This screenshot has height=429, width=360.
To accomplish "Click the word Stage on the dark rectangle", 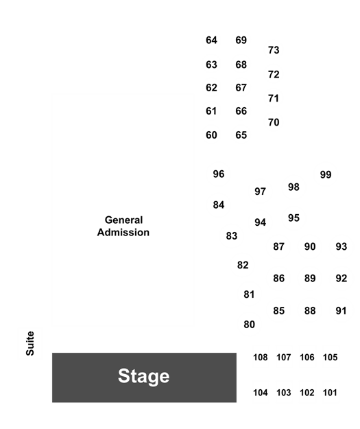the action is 143,376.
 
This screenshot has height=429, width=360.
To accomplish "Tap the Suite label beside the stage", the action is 30,343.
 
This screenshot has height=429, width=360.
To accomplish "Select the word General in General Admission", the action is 123,220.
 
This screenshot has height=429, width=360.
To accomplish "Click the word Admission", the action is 123,232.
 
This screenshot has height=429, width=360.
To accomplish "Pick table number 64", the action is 211,40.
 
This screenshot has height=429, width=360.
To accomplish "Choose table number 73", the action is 274,50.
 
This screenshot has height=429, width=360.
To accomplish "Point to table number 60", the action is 211,135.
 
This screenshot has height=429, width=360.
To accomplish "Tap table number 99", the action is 326,174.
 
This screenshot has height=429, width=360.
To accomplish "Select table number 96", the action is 219,174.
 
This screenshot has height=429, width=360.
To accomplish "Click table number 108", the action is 260,358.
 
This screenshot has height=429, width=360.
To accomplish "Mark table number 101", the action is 330,393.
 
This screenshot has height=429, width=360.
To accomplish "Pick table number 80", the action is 249,325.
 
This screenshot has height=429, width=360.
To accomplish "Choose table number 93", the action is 341,246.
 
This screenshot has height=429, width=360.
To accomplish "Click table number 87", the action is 278,246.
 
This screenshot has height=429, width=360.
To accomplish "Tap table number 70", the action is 274,122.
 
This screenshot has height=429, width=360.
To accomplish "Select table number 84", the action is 219,205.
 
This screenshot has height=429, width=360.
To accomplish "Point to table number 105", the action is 330,358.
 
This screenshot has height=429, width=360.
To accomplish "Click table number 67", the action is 241,88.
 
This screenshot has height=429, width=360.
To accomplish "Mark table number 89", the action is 310,278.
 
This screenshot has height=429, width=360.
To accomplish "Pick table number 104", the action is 260,393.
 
